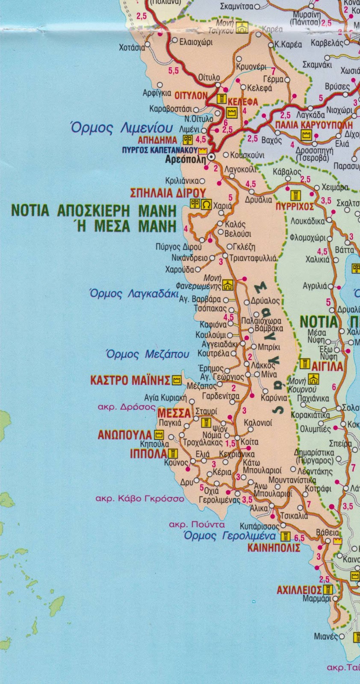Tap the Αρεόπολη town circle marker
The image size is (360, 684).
click(x=210, y=158)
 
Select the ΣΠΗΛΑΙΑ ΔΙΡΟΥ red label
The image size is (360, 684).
click(x=168, y=193)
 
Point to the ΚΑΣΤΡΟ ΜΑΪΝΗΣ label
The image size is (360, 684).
click(x=130, y=380)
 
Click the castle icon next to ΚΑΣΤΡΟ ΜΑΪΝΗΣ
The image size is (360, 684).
click(x=176, y=380)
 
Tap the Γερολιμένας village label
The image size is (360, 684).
click(x=220, y=500)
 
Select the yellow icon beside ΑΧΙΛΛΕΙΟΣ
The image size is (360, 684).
click(x=328, y=590)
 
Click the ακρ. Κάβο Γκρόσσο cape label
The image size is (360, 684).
click(x=140, y=498)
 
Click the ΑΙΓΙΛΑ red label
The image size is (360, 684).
click(x=328, y=366)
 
